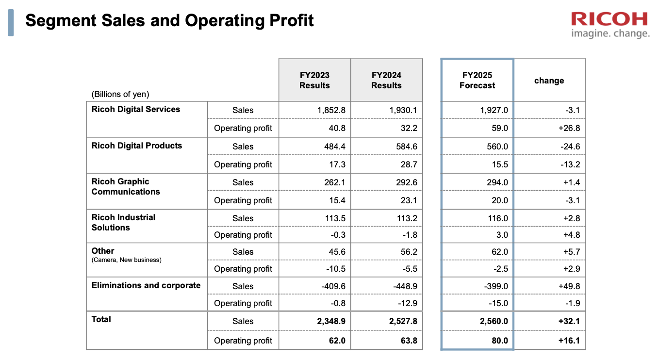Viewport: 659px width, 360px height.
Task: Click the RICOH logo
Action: tap(610, 19)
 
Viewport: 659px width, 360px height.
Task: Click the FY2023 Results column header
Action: tap(314, 80)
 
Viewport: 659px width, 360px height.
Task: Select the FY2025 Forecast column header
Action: tap(477, 80)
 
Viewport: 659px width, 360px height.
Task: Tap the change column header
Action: tap(549, 81)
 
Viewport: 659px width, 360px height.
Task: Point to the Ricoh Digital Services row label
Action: tap(135, 109)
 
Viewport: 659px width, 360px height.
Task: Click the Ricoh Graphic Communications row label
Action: tap(126, 186)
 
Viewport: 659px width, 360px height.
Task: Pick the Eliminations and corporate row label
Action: tap(146, 285)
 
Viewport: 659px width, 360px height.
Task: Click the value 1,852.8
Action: tap(331, 110)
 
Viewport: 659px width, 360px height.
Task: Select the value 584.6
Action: tap(407, 147)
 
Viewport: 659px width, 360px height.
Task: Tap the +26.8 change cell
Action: tap(569, 128)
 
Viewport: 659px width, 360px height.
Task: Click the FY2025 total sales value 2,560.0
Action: tap(494, 321)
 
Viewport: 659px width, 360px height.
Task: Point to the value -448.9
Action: tap(405, 286)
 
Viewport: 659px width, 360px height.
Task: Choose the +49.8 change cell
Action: tap(569, 286)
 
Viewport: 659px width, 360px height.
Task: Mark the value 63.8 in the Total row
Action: tap(409, 341)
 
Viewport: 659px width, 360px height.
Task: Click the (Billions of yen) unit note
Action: tap(120, 94)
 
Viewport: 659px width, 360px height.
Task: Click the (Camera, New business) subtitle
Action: tap(127, 260)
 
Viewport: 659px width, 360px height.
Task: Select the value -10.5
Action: tap(336, 269)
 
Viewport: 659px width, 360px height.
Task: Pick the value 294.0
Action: tap(497, 182)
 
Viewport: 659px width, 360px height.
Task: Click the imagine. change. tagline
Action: tap(610, 33)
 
